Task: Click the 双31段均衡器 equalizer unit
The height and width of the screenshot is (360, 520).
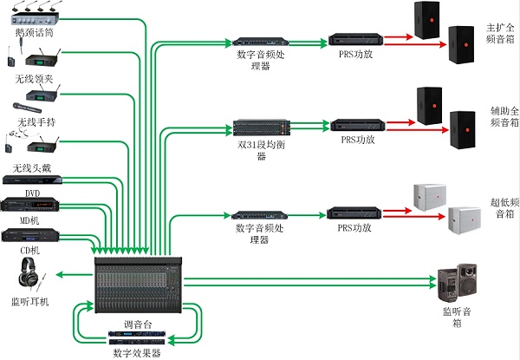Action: tap(260, 125)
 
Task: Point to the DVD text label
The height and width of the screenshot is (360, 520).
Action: tap(33, 193)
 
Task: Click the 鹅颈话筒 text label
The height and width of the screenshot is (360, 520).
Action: tap(33, 32)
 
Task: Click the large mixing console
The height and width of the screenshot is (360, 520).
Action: tap(138, 282)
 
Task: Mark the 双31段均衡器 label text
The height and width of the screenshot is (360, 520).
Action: tap(261, 152)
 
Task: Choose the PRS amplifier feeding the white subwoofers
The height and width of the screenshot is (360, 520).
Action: tap(356, 213)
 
